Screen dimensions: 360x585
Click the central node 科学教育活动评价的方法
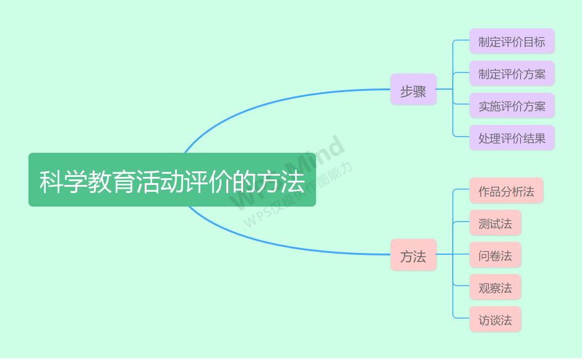tap(172, 179)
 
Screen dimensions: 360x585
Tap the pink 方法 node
tap(413, 255)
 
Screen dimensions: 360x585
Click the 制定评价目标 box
tap(511, 41)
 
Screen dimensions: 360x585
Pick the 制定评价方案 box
tap(511, 74)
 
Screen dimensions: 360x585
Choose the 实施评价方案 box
tap(511, 106)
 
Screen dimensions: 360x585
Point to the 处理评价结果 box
tap(511, 138)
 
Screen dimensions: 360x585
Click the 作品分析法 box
tap(506, 191)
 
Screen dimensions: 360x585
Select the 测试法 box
tap(495, 223)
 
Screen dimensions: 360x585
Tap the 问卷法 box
tap(495, 255)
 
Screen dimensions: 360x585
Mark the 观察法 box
tap(495, 287)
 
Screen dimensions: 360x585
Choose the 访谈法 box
tap(495, 319)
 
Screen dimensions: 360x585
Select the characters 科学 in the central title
tap(64, 182)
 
